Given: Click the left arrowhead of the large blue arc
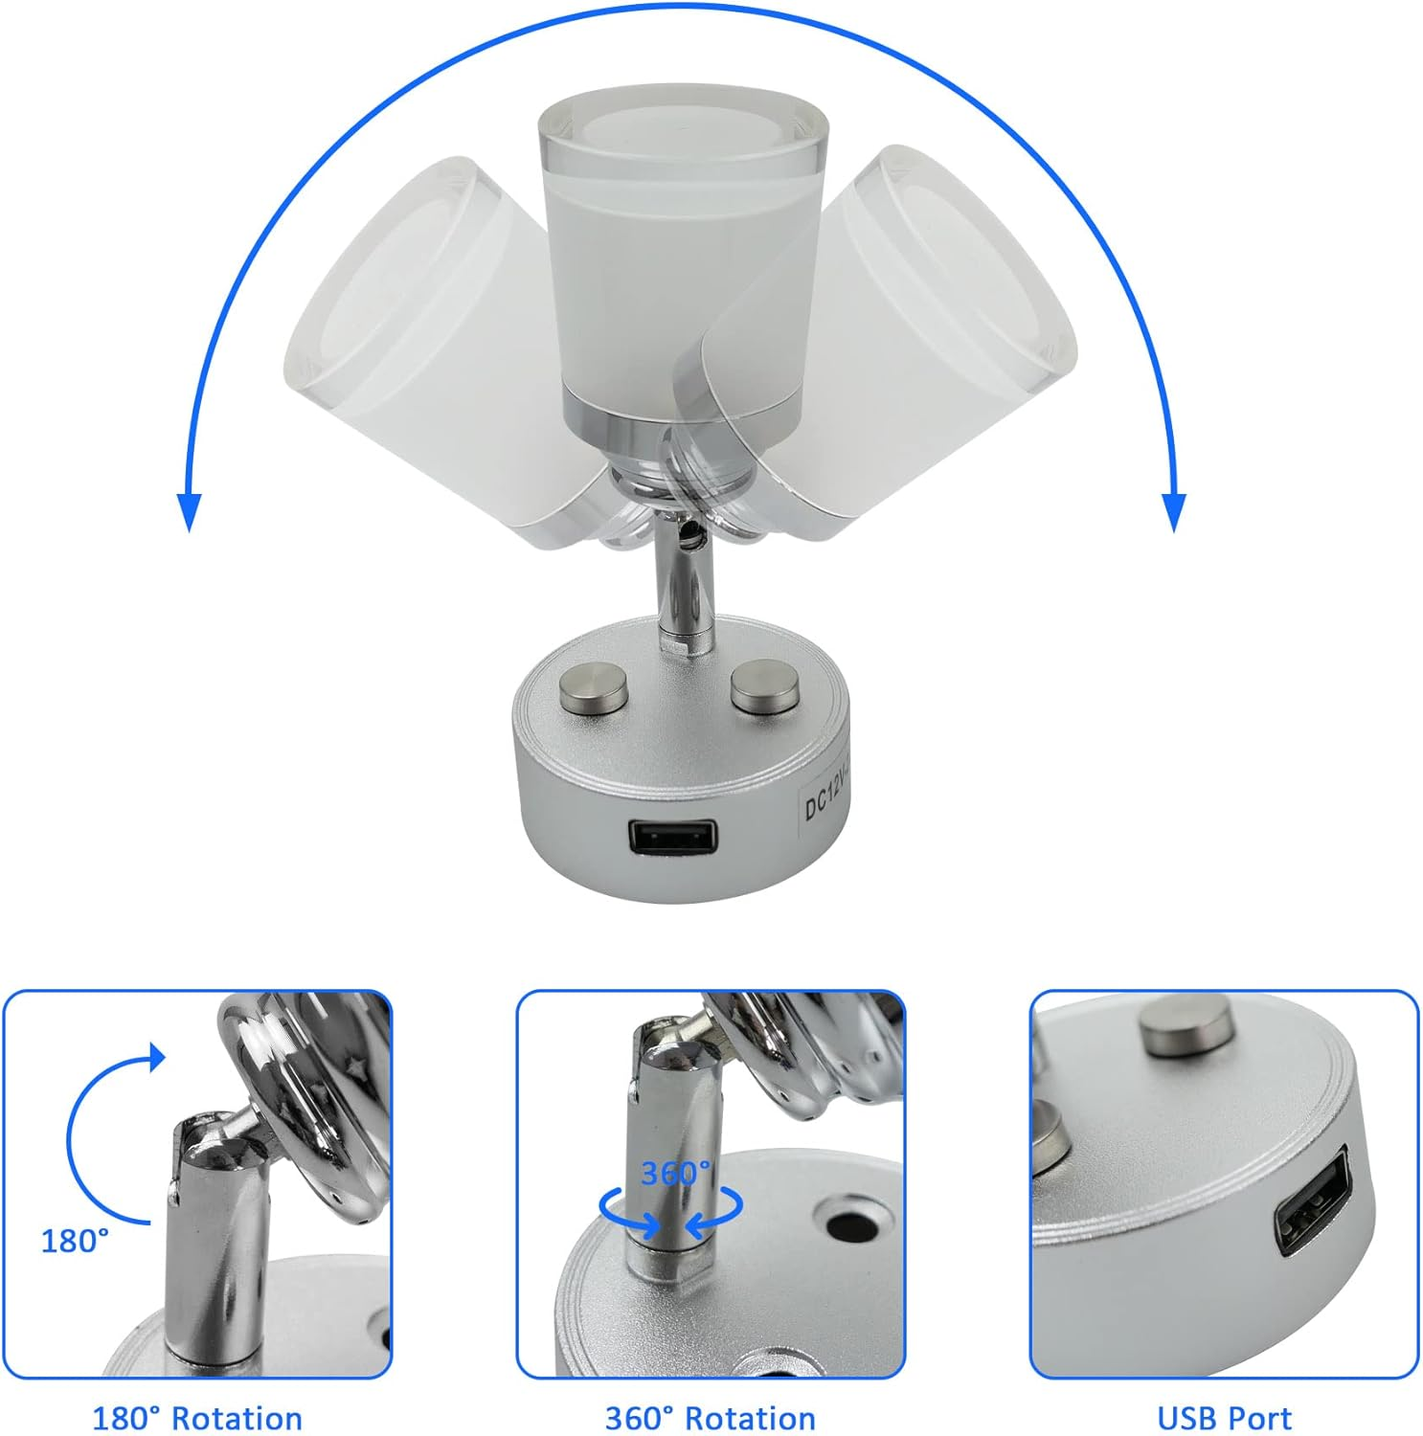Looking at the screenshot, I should tap(190, 512).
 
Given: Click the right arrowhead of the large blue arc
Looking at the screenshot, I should tap(1174, 512).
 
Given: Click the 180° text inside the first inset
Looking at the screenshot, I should tap(75, 1242).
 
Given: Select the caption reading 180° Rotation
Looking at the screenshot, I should tap(197, 1418).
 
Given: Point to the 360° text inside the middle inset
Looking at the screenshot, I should tap(676, 1173).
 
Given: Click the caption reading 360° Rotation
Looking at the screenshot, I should tap(711, 1418).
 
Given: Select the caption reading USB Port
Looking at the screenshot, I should tap(1224, 1418).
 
